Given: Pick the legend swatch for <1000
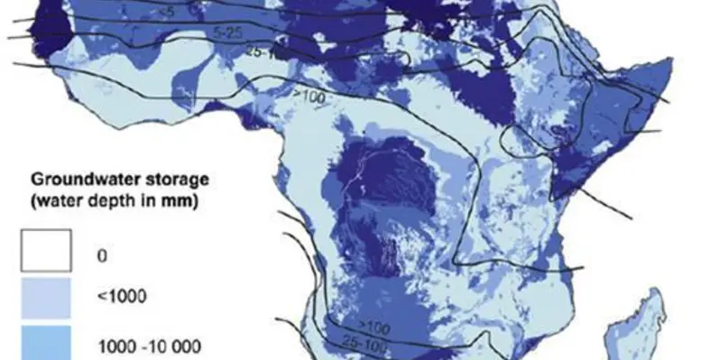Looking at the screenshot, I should coord(47,294).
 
